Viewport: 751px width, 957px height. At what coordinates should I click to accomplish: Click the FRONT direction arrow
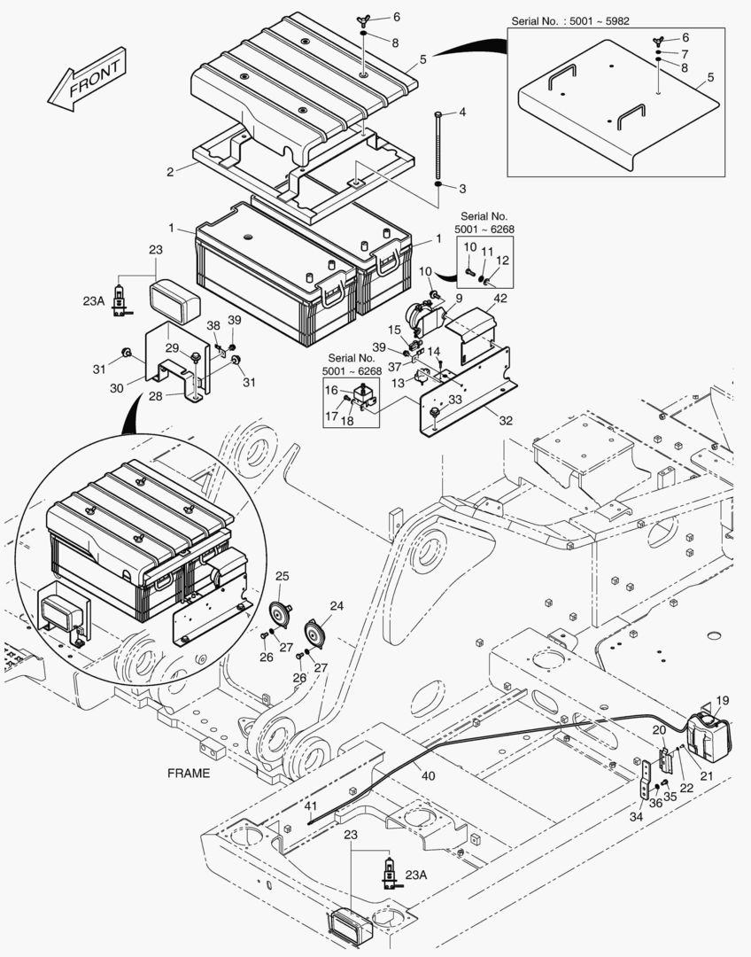[87, 80]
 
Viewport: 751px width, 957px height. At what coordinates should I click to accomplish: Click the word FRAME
[189, 773]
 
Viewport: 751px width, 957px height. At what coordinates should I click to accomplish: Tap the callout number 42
[500, 299]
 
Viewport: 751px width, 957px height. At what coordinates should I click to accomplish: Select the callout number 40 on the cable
[428, 776]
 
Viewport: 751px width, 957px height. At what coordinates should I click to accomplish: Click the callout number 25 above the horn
[282, 577]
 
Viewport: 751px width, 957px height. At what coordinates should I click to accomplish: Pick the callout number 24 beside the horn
[337, 607]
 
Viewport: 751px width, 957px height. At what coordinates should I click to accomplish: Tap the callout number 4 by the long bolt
[461, 113]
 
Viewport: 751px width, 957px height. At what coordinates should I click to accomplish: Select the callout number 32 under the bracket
[506, 421]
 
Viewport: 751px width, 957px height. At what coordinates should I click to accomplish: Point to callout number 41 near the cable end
[310, 806]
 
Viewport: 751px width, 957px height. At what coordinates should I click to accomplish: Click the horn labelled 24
[315, 634]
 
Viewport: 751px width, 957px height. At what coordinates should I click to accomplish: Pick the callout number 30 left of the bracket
[115, 388]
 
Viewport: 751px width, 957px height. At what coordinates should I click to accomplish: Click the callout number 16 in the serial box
[329, 390]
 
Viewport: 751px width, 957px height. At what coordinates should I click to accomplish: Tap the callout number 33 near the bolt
[455, 400]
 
